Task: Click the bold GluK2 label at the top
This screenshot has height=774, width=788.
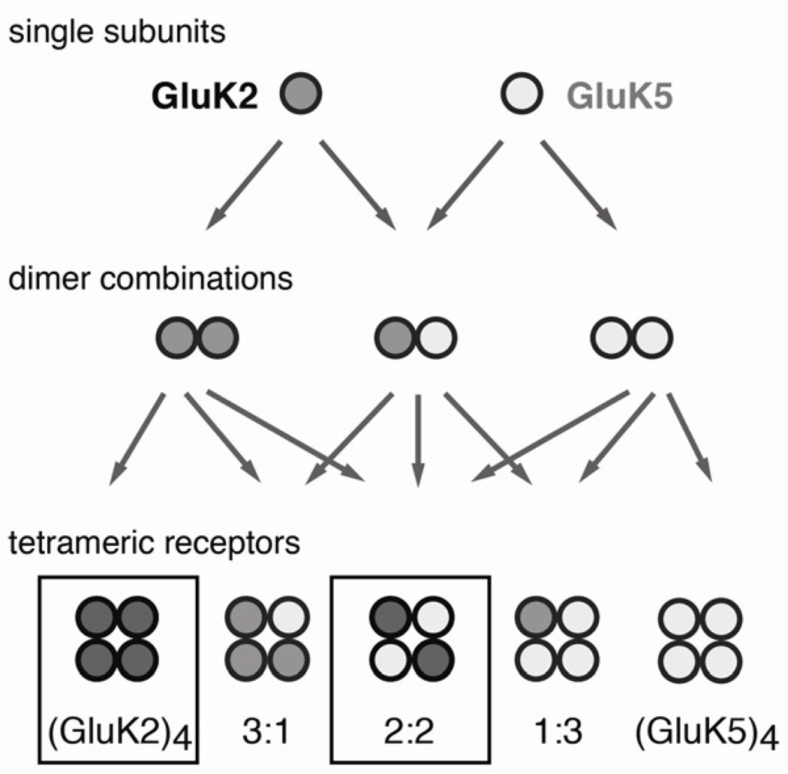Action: (x=206, y=96)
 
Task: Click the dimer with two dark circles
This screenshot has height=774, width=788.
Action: (x=197, y=336)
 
